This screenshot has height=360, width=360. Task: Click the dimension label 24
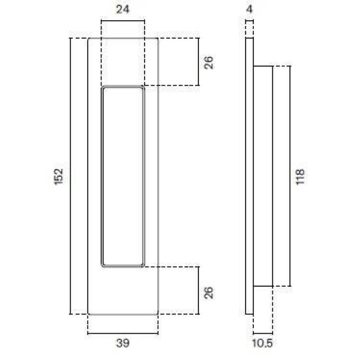(x=123, y=10)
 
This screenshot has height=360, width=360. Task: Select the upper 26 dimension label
(x=209, y=62)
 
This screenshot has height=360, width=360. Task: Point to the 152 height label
(x=58, y=177)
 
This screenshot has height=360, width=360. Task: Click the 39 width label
(x=122, y=342)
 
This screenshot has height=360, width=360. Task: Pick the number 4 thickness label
(x=249, y=10)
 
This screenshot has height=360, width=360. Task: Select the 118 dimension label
(x=300, y=177)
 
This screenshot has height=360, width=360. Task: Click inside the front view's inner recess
(x=123, y=177)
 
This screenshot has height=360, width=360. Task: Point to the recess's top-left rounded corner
(x=104, y=88)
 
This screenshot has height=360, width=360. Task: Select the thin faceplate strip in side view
(x=249, y=177)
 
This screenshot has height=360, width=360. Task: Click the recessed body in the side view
(x=261, y=177)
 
